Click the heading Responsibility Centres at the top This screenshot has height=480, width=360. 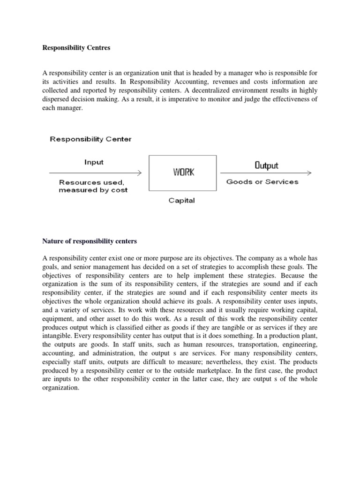(75, 48)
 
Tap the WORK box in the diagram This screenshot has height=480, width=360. (182, 172)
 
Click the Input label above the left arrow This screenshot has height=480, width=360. (94, 162)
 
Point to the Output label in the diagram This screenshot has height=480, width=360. (266, 165)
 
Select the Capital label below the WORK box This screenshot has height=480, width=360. (182, 201)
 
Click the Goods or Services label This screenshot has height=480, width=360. (262, 182)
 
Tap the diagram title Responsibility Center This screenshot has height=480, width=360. (91, 139)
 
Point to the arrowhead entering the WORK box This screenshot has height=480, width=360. (139, 172)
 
